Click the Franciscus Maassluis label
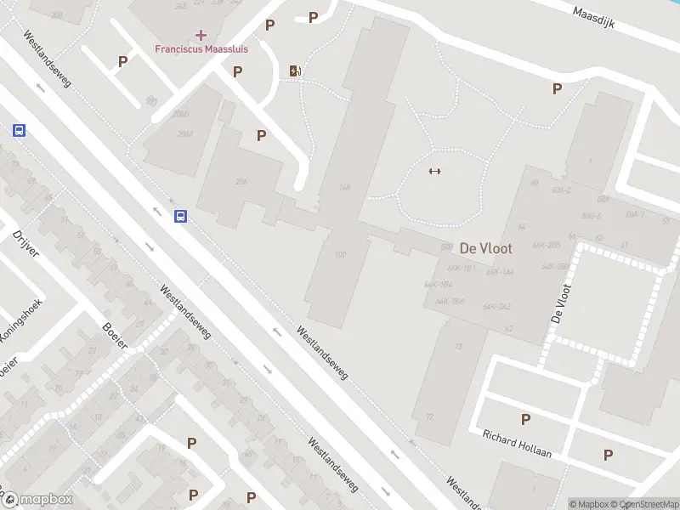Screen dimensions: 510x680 pyautogui.click(x=201, y=48)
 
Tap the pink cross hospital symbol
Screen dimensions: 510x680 pyautogui.click(x=201, y=34)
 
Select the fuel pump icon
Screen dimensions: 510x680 pyautogui.click(x=295, y=71)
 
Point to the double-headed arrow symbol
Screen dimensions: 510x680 pyautogui.click(x=434, y=171)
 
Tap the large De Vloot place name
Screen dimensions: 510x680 pyautogui.click(x=486, y=248)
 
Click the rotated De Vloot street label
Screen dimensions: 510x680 pyautogui.click(x=560, y=303)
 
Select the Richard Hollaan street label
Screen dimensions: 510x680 pyautogui.click(x=516, y=442)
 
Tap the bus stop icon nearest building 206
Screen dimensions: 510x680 pyautogui.click(x=181, y=216)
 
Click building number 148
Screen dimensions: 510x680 pyautogui.click(x=344, y=187)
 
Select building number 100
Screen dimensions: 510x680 pyautogui.click(x=341, y=254)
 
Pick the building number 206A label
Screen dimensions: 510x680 pyautogui.click(x=183, y=133)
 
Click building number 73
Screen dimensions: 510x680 pyautogui.click(x=458, y=347)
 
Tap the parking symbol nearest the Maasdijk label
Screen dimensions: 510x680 pyautogui.click(x=558, y=88)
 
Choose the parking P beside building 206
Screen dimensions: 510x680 pyautogui.click(x=262, y=135)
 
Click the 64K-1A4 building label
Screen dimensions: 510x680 pyautogui.click(x=500, y=272)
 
